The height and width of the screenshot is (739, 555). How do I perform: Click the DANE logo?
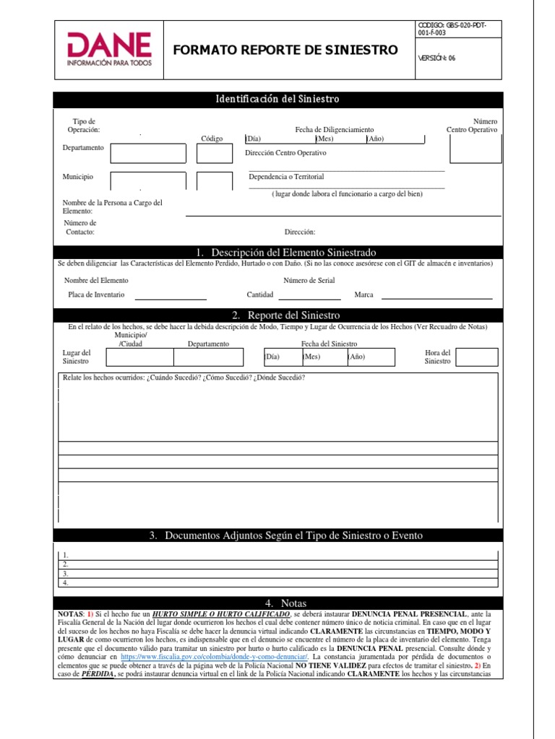click(109, 50)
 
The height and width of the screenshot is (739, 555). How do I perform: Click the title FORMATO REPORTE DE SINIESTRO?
click(285, 50)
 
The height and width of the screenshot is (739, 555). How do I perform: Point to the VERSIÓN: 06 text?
click(436, 58)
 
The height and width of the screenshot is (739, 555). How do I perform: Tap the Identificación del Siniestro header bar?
click(277, 99)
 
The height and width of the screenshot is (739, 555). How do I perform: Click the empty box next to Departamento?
click(148, 153)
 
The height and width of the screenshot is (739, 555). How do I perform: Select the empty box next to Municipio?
click(148, 182)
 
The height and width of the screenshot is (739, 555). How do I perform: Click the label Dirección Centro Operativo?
click(285, 153)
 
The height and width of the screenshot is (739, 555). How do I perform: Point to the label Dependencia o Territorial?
click(286, 176)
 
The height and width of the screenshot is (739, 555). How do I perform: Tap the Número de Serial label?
click(309, 280)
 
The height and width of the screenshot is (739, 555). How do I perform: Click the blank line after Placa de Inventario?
click(171, 297)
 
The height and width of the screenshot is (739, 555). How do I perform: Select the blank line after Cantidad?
click(309, 297)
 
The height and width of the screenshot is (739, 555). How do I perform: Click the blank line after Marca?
click(436, 297)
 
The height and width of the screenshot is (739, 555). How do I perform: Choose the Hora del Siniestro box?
click(474, 357)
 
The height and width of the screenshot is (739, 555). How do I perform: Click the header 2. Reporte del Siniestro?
click(277, 315)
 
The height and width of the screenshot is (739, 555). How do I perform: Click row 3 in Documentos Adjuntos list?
click(277, 574)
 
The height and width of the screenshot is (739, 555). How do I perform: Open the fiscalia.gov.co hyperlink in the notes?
click(215, 657)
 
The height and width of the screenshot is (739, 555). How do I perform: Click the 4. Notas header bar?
click(277, 603)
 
